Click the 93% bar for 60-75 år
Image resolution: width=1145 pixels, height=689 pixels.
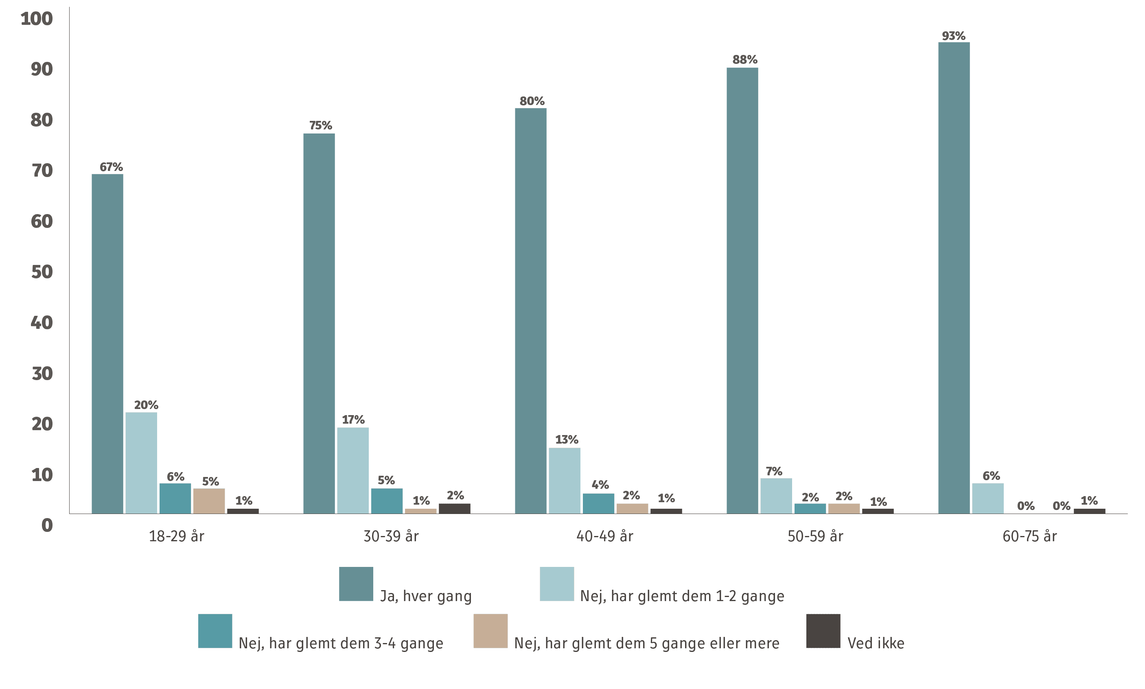coord(954,278)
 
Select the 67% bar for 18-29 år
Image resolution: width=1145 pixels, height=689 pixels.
coord(107,344)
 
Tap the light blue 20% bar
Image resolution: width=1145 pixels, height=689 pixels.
coord(141,463)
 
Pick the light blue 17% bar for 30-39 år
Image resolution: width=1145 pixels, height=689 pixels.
coord(353,471)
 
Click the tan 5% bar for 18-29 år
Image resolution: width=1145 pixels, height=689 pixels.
coord(209,501)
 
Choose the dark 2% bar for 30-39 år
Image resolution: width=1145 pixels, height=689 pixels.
coord(455,509)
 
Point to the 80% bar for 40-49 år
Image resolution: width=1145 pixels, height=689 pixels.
coord(531,311)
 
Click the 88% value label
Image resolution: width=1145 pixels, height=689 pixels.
coord(745,59)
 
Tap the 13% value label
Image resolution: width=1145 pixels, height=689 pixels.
coord(567,440)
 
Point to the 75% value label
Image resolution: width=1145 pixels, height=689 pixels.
coord(321,125)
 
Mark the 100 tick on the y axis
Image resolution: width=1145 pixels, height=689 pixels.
coord(37,19)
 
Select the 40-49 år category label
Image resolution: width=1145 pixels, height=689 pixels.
coord(604,537)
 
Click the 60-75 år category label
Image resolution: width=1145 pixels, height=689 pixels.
coord(1030,537)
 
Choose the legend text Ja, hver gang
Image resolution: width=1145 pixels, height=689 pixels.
coord(426,596)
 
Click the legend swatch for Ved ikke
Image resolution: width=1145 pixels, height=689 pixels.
coord(823,631)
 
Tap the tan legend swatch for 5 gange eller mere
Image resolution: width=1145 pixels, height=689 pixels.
coord(490,631)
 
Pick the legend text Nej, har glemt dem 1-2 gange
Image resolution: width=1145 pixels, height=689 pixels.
coord(682,596)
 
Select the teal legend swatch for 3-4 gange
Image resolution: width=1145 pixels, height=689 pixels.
coord(215,631)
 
